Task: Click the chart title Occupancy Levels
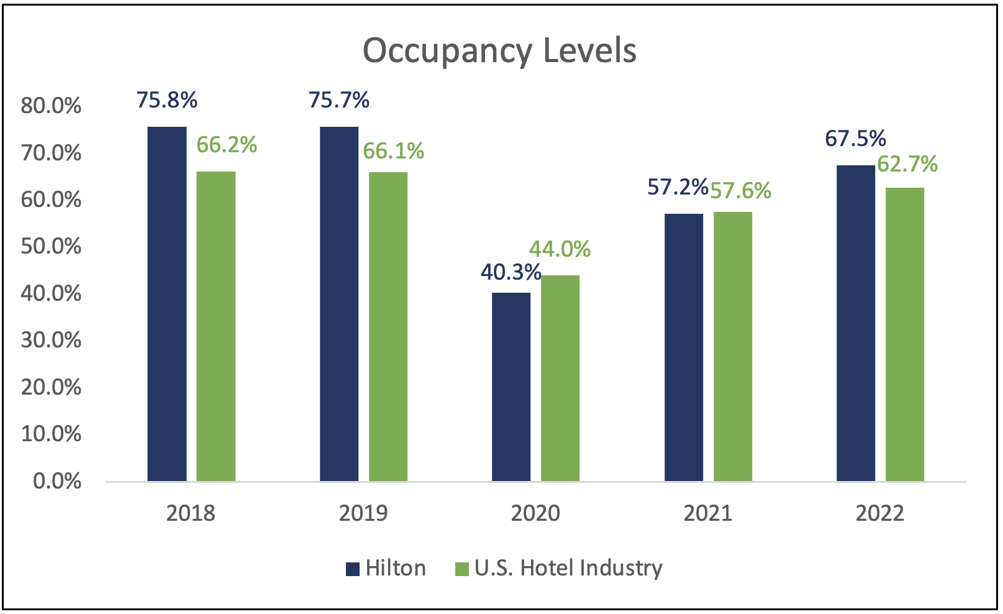tap(499, 51)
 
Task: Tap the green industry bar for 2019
tap(388, 326)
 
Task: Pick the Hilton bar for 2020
tap(511, 387)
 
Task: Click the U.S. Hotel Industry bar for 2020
tap(560, 378)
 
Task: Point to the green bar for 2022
tap(905, 334)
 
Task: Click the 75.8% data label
tap(167, 100)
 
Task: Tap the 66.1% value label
tap(393, 151)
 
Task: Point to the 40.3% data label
tap(511, 272)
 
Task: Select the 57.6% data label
tap(740, 191)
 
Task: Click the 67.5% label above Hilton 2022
tap(855, 139)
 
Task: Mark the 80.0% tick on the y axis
tap(51, 106)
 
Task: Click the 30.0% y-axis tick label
tap(51, 340)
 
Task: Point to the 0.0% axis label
tap(57, 481)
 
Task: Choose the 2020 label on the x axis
tap(535, 513)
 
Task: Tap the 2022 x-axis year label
tap(880, 513)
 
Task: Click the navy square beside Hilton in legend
tap(353, 569)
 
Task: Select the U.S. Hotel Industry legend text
tap(568, 568)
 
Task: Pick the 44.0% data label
tap(560, 249)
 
